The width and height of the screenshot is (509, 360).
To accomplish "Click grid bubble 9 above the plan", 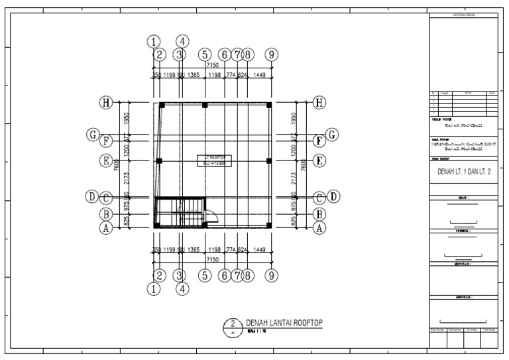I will point(270,54).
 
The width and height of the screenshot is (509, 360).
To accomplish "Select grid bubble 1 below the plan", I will point(154,288).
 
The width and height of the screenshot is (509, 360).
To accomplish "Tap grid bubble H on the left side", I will point(105,103).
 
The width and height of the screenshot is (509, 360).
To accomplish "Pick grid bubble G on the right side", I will point(331,135).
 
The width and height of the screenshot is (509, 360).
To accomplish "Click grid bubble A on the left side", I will point(105,227).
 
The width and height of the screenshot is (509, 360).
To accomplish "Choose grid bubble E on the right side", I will point(321,160).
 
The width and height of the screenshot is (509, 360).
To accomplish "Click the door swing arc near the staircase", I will point(213,215).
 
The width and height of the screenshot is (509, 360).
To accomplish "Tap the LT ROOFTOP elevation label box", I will point(213,160).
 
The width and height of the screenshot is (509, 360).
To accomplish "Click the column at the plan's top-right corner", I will point(269,105).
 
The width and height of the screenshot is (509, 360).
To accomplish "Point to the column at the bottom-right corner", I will point(269,225).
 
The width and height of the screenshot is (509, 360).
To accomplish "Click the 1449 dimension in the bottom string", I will point(259,250).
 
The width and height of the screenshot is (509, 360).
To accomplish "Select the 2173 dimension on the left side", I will point(127,178).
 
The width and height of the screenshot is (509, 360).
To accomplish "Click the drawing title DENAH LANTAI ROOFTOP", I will point(284,322).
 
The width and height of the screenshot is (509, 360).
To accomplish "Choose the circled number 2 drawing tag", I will point(232,326).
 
